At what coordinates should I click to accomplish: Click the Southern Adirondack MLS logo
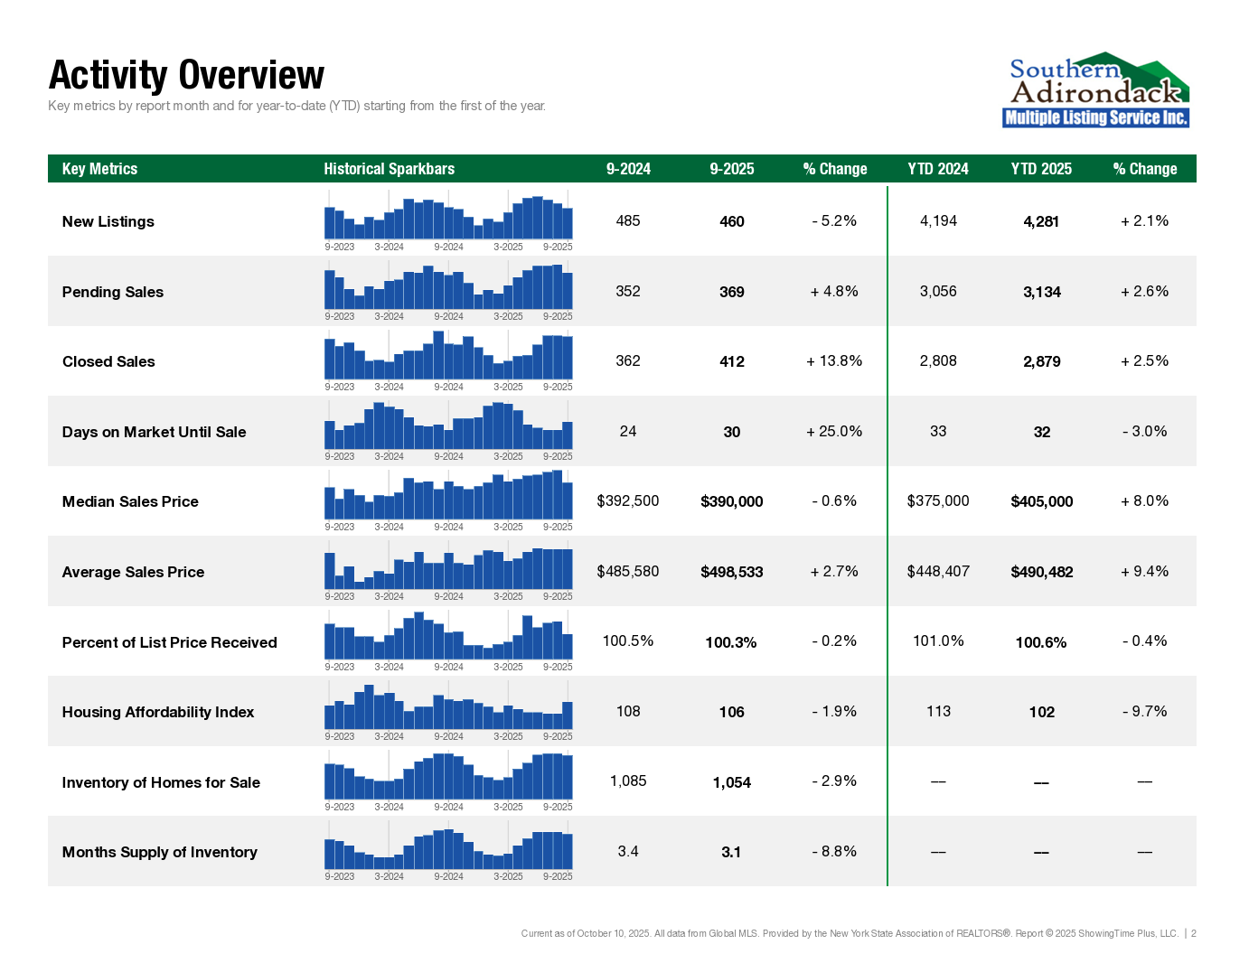[x=1095, y=89]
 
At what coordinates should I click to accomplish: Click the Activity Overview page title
[x=186, y=75]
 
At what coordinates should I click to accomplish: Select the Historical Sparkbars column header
[x=389, y=169]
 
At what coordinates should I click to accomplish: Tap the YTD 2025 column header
[x=1041, y=169]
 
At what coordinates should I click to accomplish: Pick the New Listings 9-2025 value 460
[x=731, y=221]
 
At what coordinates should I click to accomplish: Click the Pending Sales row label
[x=113, y=292]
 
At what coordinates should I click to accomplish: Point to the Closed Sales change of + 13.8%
[x=834, y=361]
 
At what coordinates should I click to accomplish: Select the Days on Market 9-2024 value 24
[x=628, y=432]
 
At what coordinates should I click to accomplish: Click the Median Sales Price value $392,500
[x=628, y=501]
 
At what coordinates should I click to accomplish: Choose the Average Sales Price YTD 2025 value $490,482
[x=1041, y=572]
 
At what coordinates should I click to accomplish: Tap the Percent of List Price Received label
[x=169, y=642]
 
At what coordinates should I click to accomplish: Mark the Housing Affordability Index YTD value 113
[x=938, y=712]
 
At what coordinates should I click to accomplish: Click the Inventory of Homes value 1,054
[x=731, y=782]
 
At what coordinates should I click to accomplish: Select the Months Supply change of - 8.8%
[x=834, y=852]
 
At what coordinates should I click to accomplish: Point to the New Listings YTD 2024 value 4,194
[x=938, y=221]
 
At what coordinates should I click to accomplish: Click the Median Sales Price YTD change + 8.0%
[x=1144, y=501]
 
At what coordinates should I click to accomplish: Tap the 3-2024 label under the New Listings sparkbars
[x=389, y=247]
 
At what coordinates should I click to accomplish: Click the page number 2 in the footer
[x=1194, y=933]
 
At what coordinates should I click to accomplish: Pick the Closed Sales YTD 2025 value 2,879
[x=1041, y=361]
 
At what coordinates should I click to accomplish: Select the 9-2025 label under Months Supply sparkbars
[x=558, y=876]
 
